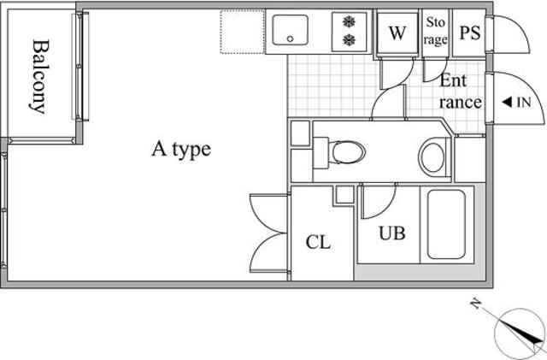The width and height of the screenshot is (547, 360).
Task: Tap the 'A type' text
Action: [x=181, y=150]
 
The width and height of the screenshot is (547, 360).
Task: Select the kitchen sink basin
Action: [x=291, y=30]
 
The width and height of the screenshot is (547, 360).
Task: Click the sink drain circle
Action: [x=290, y=38]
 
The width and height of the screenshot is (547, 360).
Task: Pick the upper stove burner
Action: [x=349, y=22]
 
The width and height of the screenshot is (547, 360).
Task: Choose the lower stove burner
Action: [x=349, y=40]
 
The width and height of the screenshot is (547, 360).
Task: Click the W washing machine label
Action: [x=397, y=32]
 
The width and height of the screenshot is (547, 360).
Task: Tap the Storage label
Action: [x=435, y=32]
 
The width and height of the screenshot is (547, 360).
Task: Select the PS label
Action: [x=470, y=32]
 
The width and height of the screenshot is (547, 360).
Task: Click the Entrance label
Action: [x=460, y=91]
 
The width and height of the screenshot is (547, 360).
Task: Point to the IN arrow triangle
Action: [x=507, y=103]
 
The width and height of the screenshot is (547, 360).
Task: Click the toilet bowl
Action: [x=347, y=152]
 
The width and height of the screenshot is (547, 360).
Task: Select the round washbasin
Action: [x=432, y=157]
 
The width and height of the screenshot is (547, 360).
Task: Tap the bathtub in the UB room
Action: [x=446, y=225]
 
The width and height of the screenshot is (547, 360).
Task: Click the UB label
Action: [x=392, y=233]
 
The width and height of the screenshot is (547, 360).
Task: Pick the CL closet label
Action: [x=318, y=242]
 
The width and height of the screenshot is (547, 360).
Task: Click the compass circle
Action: [x=520, y=334]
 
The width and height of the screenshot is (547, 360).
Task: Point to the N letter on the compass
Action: [x=475, y=304]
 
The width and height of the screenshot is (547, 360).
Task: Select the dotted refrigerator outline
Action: [x=242, y=32]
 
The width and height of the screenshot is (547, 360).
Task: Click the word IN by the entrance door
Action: [x=524, y=103]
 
